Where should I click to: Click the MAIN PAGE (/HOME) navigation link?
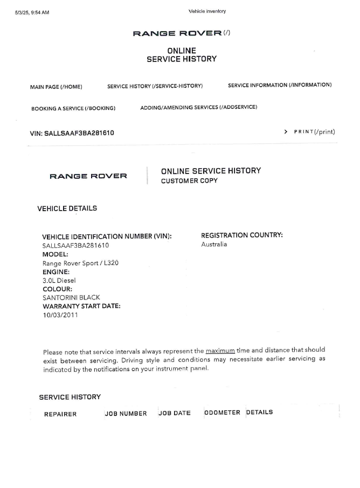(56, 86)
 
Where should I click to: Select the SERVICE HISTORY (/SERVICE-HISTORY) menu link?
(155, 86)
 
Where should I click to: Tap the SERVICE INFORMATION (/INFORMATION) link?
(280, 85)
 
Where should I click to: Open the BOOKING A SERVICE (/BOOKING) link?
(73, 108)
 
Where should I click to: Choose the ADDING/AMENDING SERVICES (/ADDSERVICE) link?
(198, 107)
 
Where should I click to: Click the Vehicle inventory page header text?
(207, 11)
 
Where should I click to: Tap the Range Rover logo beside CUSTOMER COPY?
(88, 176)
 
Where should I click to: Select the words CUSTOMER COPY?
(189, 181)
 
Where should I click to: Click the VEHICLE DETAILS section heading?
(67, 208)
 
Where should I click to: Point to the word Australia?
(214, 244)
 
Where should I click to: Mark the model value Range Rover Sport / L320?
(80, 263)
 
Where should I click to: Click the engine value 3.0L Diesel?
(59, 280)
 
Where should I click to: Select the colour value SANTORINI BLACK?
(71, 297)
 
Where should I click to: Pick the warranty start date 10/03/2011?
(60, 315)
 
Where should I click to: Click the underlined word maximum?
(220, 350)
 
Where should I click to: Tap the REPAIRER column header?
(60, 414)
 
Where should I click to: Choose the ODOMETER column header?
(222, 413)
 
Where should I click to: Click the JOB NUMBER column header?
(126, 414)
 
